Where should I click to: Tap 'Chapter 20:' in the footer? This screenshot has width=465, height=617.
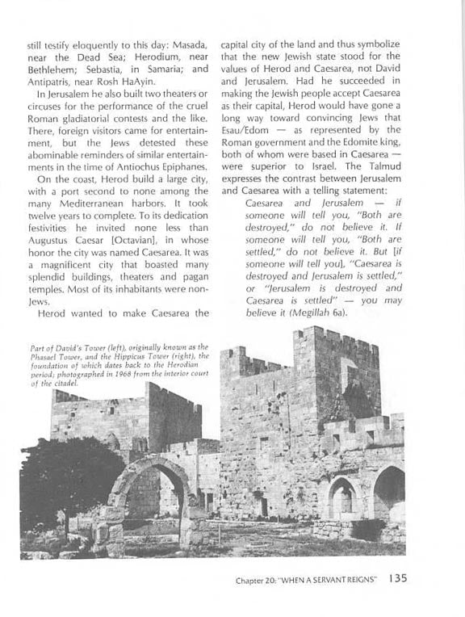click(259, 579)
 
